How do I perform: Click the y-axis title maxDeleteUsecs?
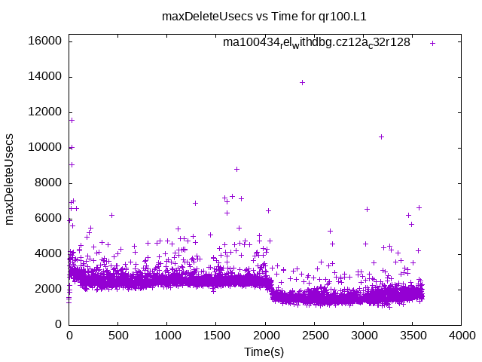[11, 179]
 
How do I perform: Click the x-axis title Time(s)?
[264, 351]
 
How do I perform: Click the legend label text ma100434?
[316, 43]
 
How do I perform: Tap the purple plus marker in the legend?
[433, 43]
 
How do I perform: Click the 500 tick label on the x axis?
[117, 336]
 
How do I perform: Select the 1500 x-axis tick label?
[215, 336]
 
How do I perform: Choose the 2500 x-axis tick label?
[313, 336]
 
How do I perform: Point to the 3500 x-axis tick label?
[411, 336]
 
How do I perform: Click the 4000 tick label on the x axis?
[460, 336]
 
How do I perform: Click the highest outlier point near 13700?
[302, 82]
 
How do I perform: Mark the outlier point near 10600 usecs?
[381, 137]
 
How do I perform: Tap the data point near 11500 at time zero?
[72, 120]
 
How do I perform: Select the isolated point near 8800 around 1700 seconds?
[236, 169]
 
